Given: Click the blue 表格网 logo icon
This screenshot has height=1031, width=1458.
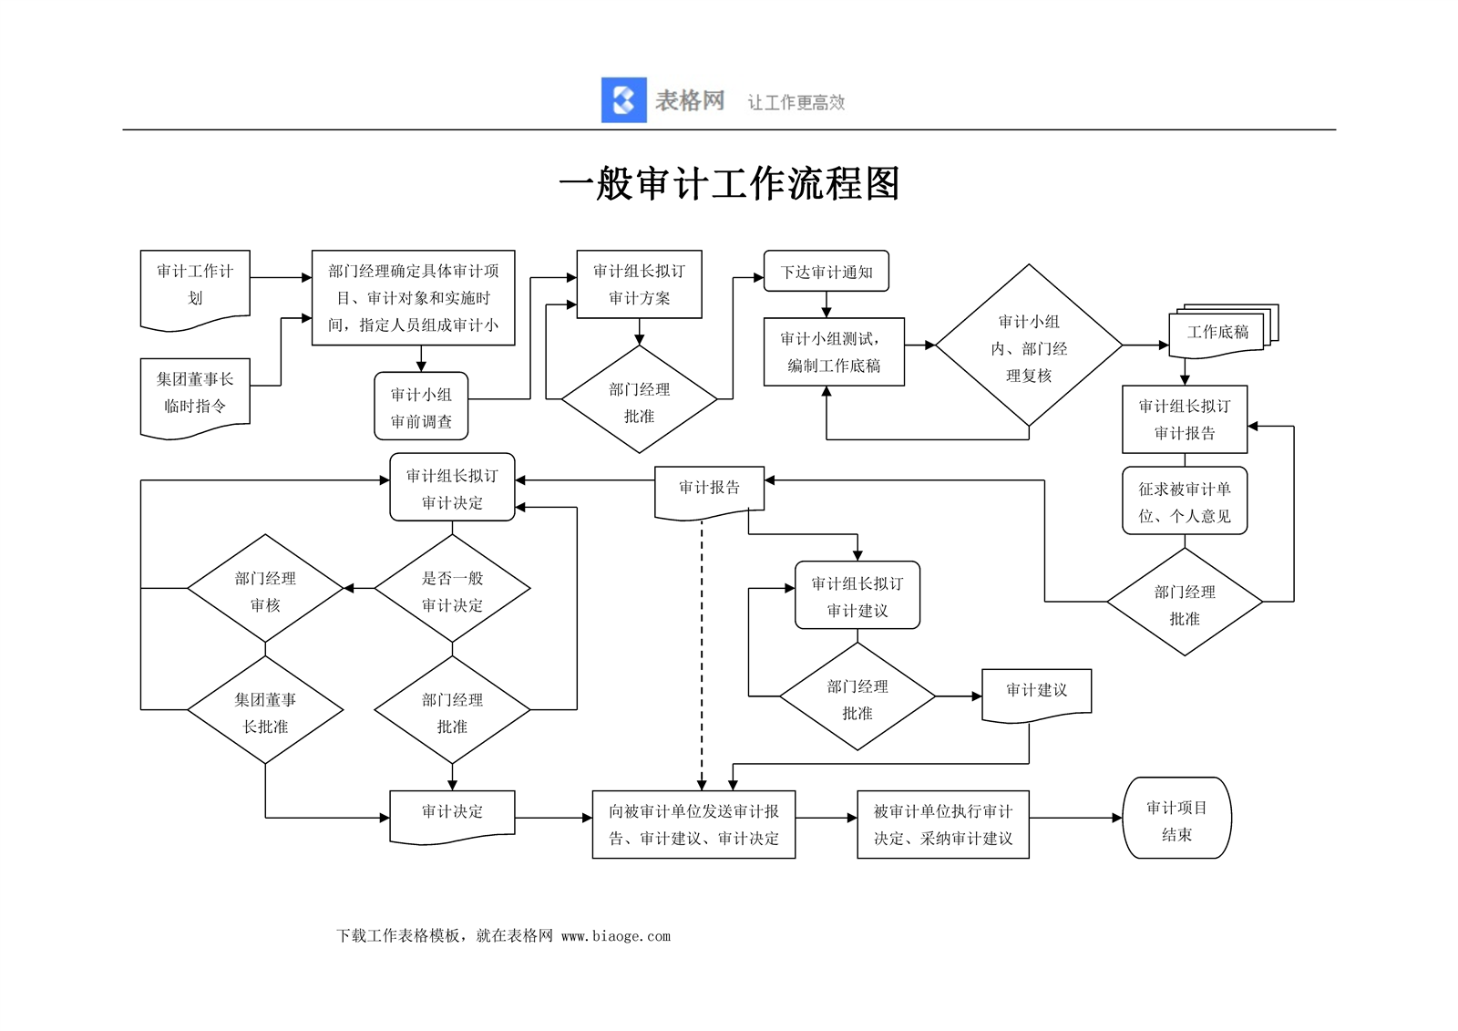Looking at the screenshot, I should click(x=623, y=100).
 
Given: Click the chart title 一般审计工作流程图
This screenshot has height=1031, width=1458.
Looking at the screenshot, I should click(x=729, y=184).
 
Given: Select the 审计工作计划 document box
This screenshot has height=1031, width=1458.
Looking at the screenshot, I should click(x=195, y=286).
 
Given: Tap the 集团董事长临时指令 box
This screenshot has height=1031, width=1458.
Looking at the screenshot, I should click(x=195, y=394).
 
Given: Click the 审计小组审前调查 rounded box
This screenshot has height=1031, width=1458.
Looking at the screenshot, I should click(x=421, y=407).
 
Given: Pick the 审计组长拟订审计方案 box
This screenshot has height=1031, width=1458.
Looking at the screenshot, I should click(x=639, y=284).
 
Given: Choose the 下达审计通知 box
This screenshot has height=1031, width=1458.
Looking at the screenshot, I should click(x=826, y=272).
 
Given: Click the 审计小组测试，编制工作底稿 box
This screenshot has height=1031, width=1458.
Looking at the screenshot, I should click(x=834, y=352).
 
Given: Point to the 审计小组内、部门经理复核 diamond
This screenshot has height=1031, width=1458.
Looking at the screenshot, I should click(x=1029, y=346).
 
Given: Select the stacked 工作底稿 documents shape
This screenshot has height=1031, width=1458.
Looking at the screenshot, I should click(x=1219, y=332).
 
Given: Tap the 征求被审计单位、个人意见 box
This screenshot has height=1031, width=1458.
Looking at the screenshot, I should click(x=1184, y=501).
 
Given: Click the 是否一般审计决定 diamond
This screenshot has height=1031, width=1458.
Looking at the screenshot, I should click(x=452, y=590).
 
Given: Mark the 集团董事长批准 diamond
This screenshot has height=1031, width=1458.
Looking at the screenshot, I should click(x=265, y=711).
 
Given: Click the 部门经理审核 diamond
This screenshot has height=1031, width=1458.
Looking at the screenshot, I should click(x=265, y=590).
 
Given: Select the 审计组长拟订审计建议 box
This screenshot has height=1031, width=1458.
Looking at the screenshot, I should click(x=857, y=596).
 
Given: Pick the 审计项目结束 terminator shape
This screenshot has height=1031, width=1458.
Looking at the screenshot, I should click(x=1176, y=819).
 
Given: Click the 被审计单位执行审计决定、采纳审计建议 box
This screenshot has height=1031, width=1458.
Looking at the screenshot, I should click(x=942, y=824).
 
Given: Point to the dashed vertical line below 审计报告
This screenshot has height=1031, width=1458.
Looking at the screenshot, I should click(x=702, y=656).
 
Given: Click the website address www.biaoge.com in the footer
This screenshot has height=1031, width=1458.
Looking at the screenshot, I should click(x=616, y=936).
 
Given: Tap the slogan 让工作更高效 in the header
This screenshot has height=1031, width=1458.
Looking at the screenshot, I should click(x=796, y=103).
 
